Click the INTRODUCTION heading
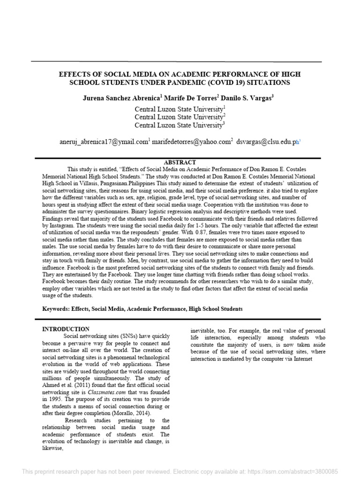(x=66, y=329)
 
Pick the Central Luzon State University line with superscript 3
(x=180, y=125)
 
